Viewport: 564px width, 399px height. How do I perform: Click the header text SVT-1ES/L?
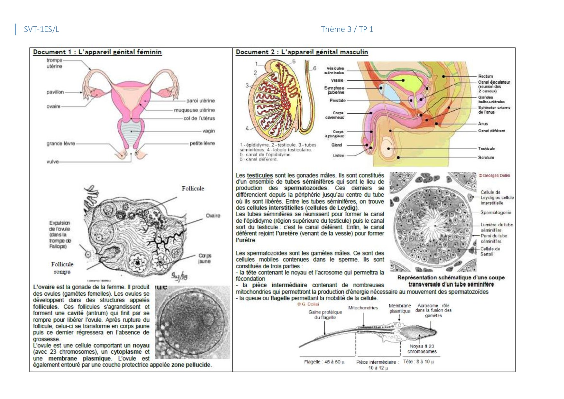point(41,29)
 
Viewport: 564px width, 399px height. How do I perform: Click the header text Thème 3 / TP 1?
point(347,29)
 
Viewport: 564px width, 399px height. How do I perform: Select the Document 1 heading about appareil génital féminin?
point(97,52)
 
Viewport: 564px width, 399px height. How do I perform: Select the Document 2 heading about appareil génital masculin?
point(302,52)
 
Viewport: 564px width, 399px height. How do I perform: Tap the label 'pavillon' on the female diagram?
point(55,92)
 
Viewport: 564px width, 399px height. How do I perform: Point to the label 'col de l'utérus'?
point(199,118)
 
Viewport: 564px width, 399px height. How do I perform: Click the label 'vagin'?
point(208,131)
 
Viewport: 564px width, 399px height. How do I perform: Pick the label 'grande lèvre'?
point(60,144)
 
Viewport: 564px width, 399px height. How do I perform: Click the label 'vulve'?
point(52,162)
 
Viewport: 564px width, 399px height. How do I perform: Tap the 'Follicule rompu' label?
point(62,268)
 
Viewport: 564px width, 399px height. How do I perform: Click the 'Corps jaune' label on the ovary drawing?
point(205,258)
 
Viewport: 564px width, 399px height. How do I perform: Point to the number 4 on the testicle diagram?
point(247,128)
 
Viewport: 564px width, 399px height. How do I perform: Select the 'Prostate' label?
point(338,101)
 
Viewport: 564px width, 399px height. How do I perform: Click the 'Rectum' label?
point(485,76)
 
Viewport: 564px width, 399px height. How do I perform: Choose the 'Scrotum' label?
point(486,158)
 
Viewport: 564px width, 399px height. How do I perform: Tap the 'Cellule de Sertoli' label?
point(490,251)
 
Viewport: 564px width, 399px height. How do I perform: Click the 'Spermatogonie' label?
point(496,212)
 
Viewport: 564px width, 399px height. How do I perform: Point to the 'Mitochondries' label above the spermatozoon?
point(363,308)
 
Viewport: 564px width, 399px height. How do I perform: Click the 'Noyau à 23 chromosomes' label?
point(422,349)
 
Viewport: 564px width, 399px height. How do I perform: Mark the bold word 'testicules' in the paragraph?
point(259,176)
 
